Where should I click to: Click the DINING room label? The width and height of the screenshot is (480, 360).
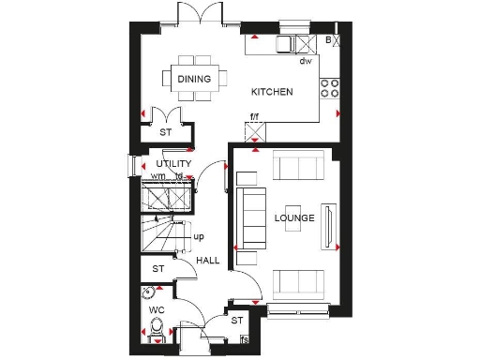point(195,80)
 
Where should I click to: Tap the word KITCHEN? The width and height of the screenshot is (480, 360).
point(273,92)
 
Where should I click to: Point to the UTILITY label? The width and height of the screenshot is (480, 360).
point(173,164)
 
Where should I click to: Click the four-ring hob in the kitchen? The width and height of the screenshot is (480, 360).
point(329,87)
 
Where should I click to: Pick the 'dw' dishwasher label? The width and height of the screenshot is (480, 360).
point(305,62)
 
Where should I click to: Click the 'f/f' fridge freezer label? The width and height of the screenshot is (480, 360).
point(253,118)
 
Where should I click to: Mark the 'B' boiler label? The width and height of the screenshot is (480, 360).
point(328,41)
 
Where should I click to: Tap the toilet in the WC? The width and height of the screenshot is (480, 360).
point(156,330)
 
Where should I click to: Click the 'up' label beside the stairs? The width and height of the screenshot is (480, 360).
point(199,236)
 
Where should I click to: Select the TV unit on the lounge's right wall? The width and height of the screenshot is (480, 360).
point(327,225)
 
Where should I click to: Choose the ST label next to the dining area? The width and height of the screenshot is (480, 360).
point(166,133)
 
